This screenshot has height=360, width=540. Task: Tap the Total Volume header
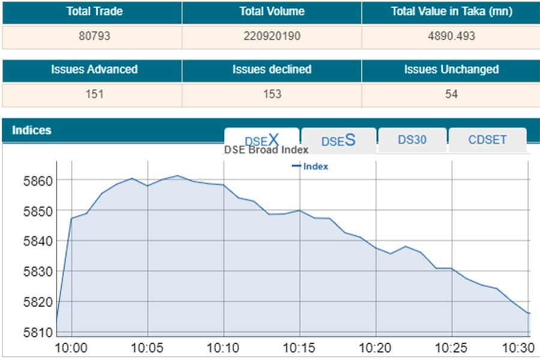tap(271, 11)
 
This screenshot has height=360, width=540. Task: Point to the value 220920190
tap(271, 36)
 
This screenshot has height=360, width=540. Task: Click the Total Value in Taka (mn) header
tap(451, 11)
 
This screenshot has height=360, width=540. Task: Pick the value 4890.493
tap(451, 36)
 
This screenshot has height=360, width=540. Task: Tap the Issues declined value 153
tap(271, 94)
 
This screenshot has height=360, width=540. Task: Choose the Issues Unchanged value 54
tap(451, 94)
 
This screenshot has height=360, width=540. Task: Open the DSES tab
tap(338, 140)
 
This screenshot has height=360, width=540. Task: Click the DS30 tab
tap(412, 140)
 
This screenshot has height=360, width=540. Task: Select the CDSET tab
tap(487, 140)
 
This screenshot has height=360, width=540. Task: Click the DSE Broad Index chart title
tap(266, 150)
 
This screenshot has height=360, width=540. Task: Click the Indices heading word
tap(32, 130)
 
